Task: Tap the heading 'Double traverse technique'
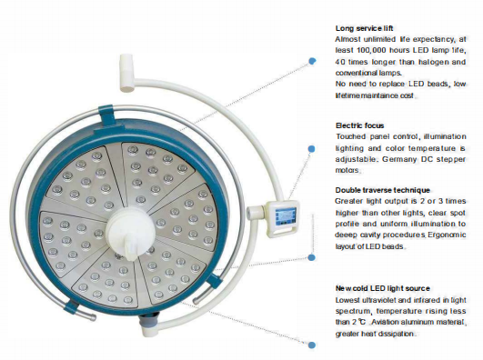point(381,190)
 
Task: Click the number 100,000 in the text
point(365,52)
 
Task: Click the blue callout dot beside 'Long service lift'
point(312,62)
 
